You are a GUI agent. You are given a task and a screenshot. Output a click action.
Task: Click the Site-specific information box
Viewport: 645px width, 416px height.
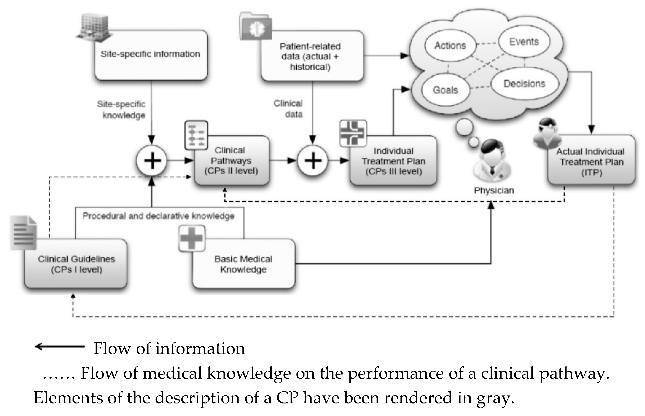151,55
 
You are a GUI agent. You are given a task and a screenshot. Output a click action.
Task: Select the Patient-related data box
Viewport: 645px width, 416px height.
312,56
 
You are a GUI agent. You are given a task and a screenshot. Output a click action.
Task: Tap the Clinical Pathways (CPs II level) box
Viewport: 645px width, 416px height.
232,161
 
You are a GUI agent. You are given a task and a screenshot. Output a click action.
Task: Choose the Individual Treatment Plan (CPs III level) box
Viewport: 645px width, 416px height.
393,161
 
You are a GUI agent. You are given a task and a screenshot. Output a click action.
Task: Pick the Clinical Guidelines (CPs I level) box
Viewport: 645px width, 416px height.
76,264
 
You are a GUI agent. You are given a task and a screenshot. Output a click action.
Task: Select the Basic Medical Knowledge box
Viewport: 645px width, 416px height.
244,264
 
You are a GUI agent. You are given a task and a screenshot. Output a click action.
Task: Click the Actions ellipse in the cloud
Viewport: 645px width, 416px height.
450,45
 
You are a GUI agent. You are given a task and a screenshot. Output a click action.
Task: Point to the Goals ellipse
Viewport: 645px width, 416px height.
446,90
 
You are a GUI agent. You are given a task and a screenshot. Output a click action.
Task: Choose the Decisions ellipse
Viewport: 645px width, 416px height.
525,84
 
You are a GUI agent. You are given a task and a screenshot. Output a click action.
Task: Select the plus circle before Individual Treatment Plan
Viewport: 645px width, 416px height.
313,161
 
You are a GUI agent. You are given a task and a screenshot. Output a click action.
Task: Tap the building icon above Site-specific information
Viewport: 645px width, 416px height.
94,28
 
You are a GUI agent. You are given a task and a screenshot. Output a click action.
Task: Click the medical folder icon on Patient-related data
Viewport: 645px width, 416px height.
255,26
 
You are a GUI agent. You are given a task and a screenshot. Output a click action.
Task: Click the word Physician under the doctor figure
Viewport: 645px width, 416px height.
494,190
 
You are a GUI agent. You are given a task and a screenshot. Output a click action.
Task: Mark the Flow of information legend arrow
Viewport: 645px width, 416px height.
60,346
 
